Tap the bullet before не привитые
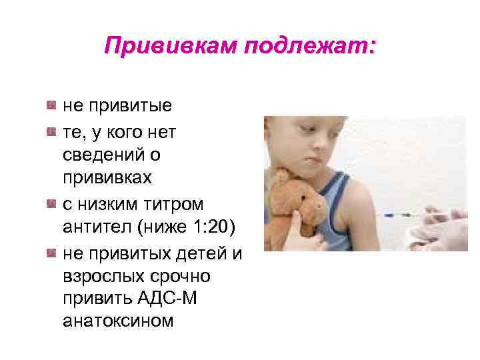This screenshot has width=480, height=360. pyautogui.click(x=51, y=105)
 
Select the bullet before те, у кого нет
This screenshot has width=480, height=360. pyautogui.click(x=51, y=133)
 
